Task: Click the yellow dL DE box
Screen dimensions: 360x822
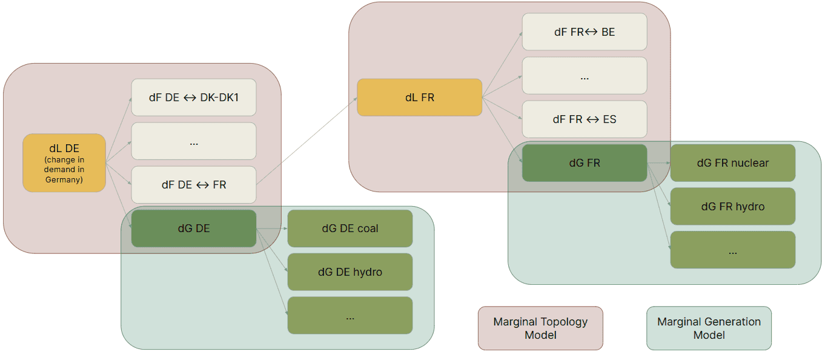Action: pyautogui.click(x=64, y=163)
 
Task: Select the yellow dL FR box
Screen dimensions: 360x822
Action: pyautogui.click(x=419, y=97)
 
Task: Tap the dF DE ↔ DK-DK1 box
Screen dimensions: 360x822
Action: pyautogui.click(x=194, y=97)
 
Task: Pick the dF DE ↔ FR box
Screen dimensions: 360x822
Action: pyautogui.click(x=194, y=185)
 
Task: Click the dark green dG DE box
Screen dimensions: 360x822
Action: pyautogui.click(x=194, y=228)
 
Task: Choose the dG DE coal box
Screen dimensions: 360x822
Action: pyautogui.click(x=350, y=228)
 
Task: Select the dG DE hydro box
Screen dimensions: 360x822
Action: pyautogui.click(x=350, y=272)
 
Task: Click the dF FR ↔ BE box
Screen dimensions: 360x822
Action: pyautogui.click(x=585, y=32)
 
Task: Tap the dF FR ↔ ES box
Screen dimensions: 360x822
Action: pyautogui.click(x=585, y=119)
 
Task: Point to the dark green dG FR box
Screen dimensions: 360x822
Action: pyautogui.click(x=585, y=163)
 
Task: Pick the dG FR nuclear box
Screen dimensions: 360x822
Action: pyautogui.click(x=732, y=163)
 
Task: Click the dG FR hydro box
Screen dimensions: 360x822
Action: pyautogui.click(x=732, y=207)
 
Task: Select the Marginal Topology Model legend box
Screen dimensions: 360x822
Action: pyautogui.click(x=540, y=328)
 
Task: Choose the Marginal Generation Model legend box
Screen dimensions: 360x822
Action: pyautogui.click(x=709, y=328)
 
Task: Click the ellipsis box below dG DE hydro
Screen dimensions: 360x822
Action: pyautogui.click(x=350, y=316)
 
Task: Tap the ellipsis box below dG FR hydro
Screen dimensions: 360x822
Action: pyautogui.click(x=732, y=250)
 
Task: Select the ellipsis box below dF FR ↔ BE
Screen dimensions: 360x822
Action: pyautogui.click(x=585, y=76)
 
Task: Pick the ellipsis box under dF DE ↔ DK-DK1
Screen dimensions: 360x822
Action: pyautogui.click(x=194, y=141)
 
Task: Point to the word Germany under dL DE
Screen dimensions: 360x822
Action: pyautogui.click(x=64, y=180)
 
